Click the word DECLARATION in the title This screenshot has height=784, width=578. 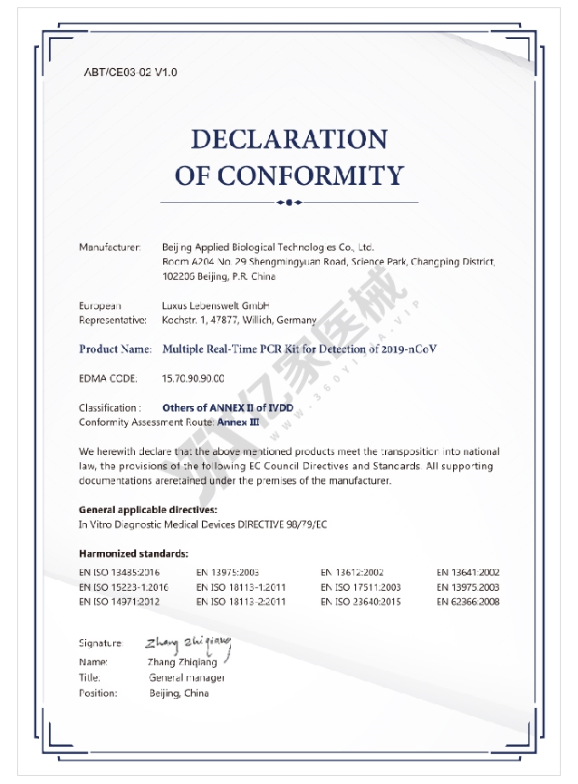289,140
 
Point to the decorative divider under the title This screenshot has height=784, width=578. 289,201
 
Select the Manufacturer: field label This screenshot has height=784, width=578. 110,247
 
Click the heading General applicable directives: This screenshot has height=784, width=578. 148,510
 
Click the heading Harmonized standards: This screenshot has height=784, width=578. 133,554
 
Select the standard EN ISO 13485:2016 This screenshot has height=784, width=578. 120,572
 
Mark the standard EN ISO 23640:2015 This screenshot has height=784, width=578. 360,601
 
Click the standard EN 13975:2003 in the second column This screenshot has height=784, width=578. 227,572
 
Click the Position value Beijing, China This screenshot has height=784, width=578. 178,693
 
